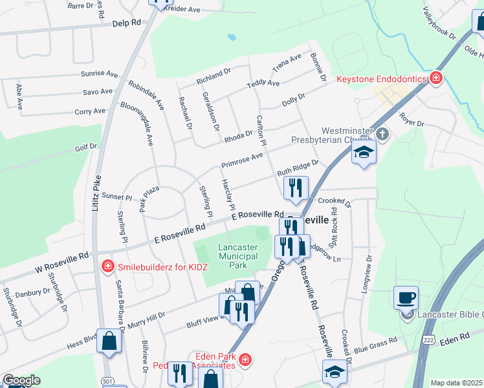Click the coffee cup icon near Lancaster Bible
point(406,297)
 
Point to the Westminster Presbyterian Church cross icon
point(382,134)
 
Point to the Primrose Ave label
point(242,160)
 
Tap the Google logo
point(21,380)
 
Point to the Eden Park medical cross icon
point(245,359)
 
